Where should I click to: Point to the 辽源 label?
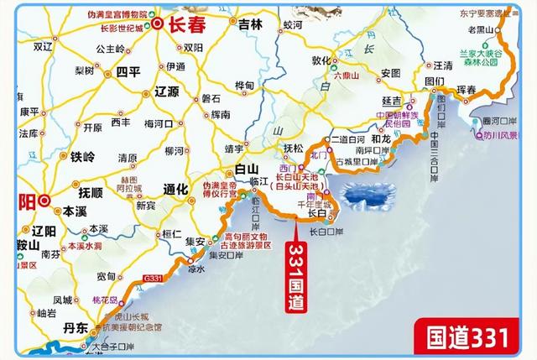[x=169, y=91]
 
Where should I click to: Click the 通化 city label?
[x=175, y=189]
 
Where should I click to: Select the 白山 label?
[x=246, y=170]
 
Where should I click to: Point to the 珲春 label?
[x=476, y=88]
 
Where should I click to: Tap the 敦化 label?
[x=322, y=61]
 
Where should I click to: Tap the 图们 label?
[x=434, y=81]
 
